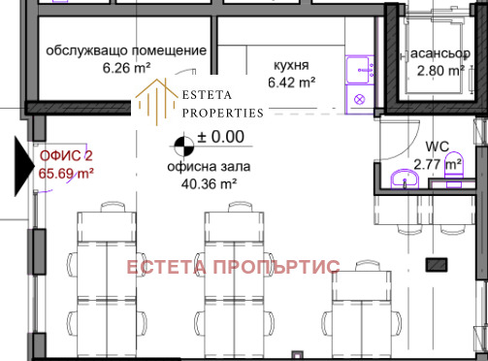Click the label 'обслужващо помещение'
click(127, 49)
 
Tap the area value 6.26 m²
click(127, 68)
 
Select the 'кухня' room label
click(291, 65)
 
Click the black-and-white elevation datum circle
click(181, 148)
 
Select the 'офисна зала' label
click(209, 167)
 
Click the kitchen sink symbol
click(359, 67)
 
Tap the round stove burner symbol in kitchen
click(359, 99)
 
